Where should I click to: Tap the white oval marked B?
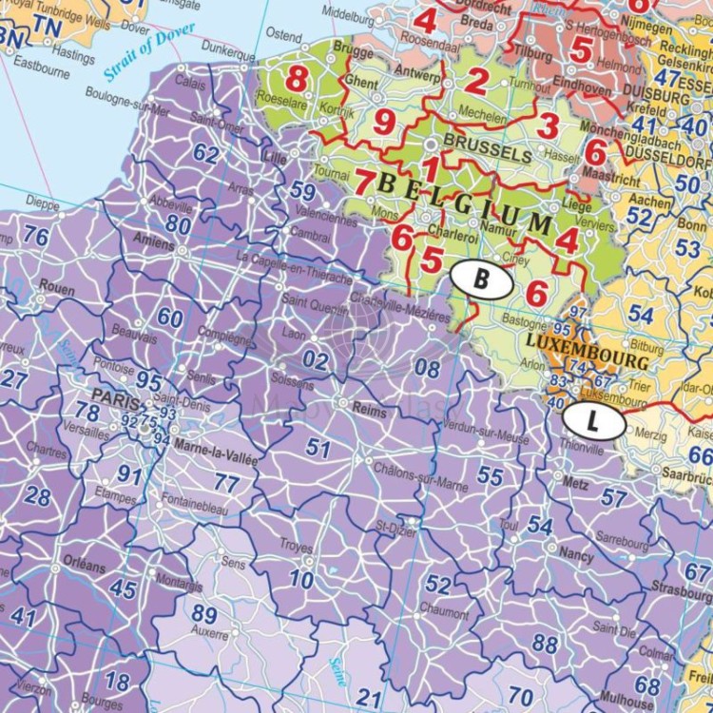[x=481, y=279]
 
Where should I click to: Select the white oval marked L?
[x=593, y=418]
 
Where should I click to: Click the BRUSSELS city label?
[x=487, y=153]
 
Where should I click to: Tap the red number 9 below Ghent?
[x=384, y=121]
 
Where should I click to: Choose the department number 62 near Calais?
[x=205, y=153]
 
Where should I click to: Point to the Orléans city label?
[x=87, y=566]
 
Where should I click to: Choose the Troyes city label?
[x=296, y=546]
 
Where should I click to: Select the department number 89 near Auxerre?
[x=204, y=614]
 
